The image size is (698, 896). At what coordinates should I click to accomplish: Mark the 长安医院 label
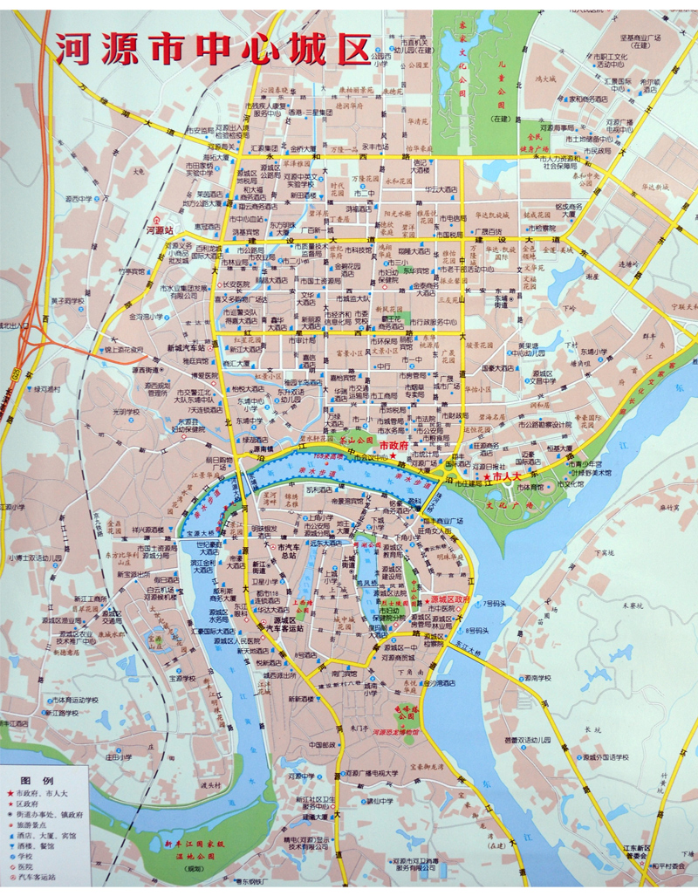point(236,284)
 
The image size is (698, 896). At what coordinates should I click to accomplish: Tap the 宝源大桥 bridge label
point(196,532)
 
